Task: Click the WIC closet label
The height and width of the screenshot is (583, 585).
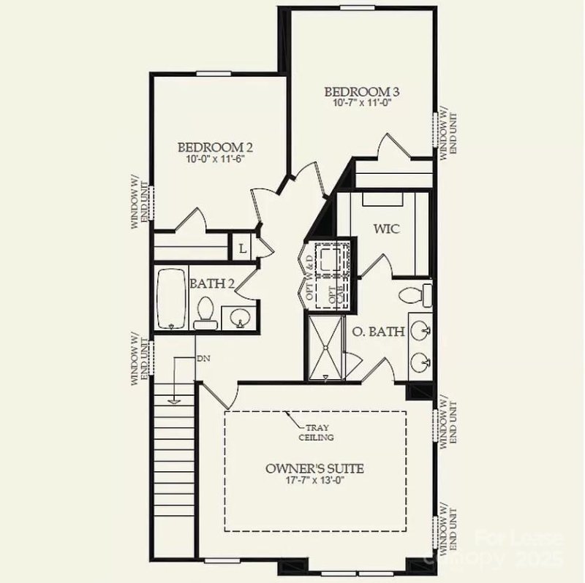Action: click(x=386, y=229)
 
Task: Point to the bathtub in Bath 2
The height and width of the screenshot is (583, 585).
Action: click(x=172, y=298)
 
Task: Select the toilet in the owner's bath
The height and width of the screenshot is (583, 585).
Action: click(x=418, y=295)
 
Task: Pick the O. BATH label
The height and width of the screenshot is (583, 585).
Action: click(x=379, y=332)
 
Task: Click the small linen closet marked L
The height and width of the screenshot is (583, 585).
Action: click(x=242, y=248)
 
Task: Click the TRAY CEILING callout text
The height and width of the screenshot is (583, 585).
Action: click(x=317, y=433)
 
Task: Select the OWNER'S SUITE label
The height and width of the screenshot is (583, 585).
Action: click(x=316, y=468)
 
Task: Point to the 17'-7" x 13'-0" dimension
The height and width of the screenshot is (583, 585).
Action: click(x=316, y=481)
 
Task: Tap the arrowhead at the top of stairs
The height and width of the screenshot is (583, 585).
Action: click(x=174, y=400)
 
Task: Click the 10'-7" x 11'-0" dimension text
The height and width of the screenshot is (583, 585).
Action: click(x=362, y=104)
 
